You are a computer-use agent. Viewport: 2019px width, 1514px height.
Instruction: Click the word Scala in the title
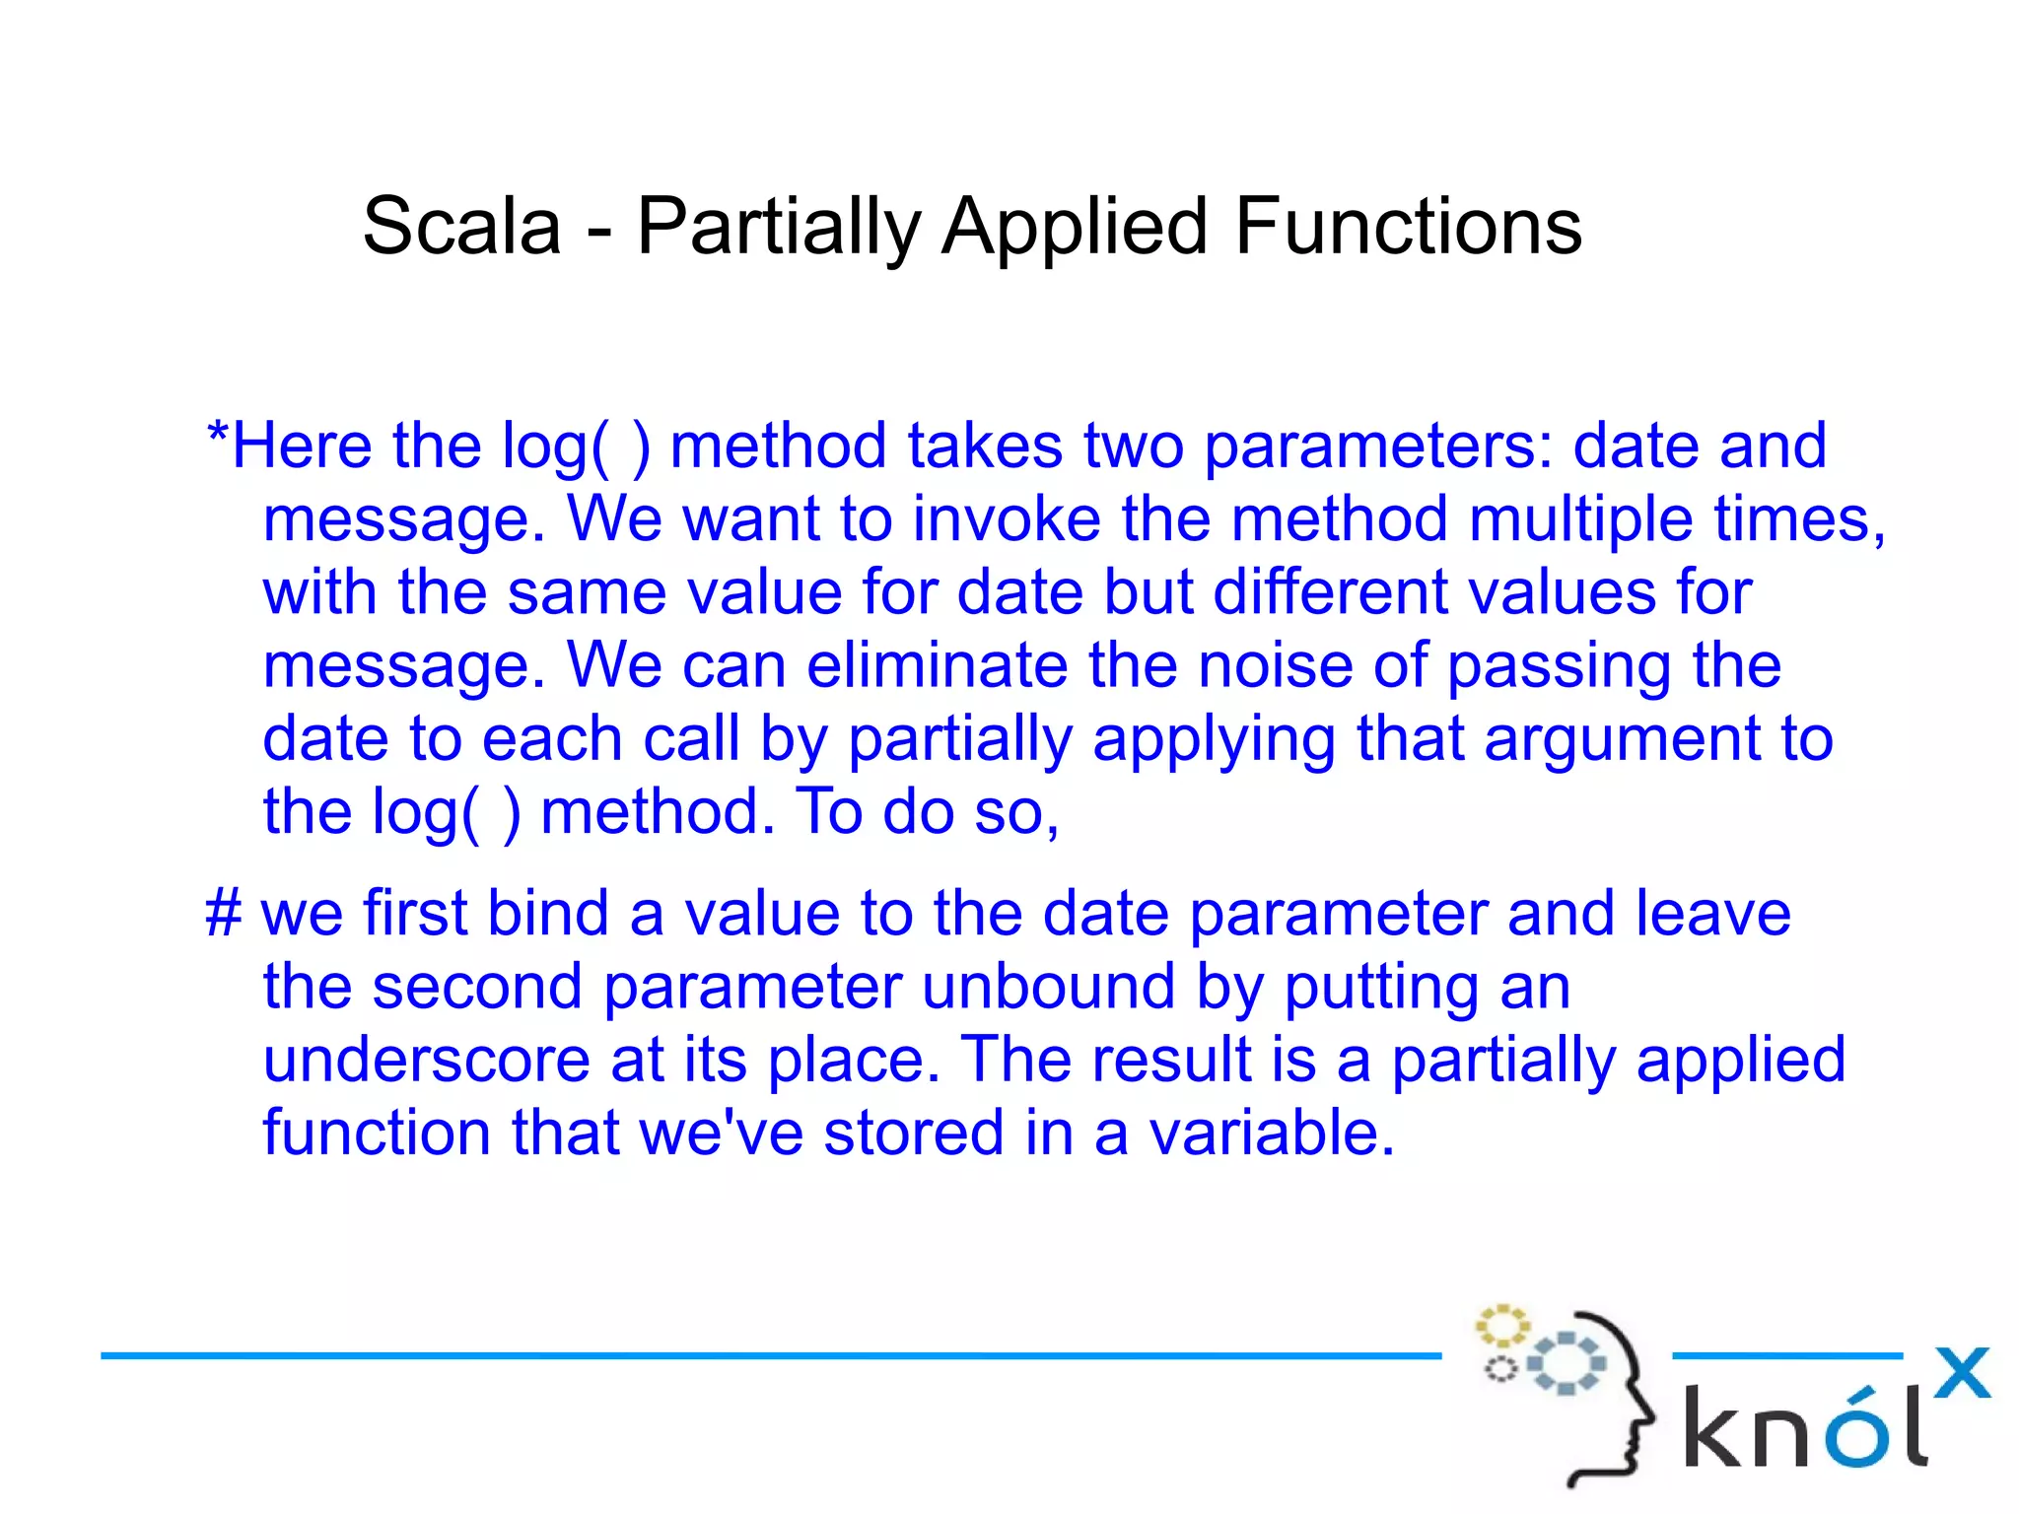tap(461, 227)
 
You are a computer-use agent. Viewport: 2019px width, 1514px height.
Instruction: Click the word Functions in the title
tap(1408, 227)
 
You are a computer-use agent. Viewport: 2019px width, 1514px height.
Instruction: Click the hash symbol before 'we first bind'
tap(224, 913)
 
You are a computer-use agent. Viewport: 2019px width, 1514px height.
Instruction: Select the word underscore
tap(426, 1060)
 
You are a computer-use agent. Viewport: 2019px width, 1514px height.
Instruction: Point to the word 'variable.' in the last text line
tap(1273, 1133)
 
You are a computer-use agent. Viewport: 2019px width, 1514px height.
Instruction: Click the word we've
tap(722, 1133)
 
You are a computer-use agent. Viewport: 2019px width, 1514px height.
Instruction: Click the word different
tap(1330, 592)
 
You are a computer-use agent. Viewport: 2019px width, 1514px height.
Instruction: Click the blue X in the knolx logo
tap(1962, 1373)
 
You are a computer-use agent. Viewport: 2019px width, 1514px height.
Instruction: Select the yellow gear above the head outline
tap(1501, 1327)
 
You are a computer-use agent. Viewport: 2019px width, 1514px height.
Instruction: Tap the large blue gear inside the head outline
tap(1567, 1364)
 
